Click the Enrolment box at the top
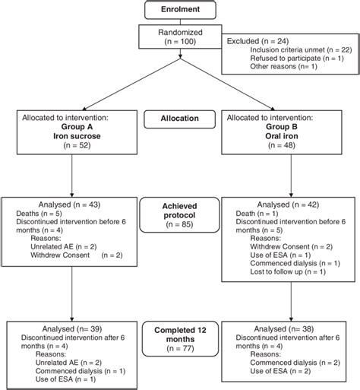point(180,9)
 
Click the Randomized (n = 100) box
point(180,39)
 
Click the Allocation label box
point(180,119)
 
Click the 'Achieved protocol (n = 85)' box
point(180,215)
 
